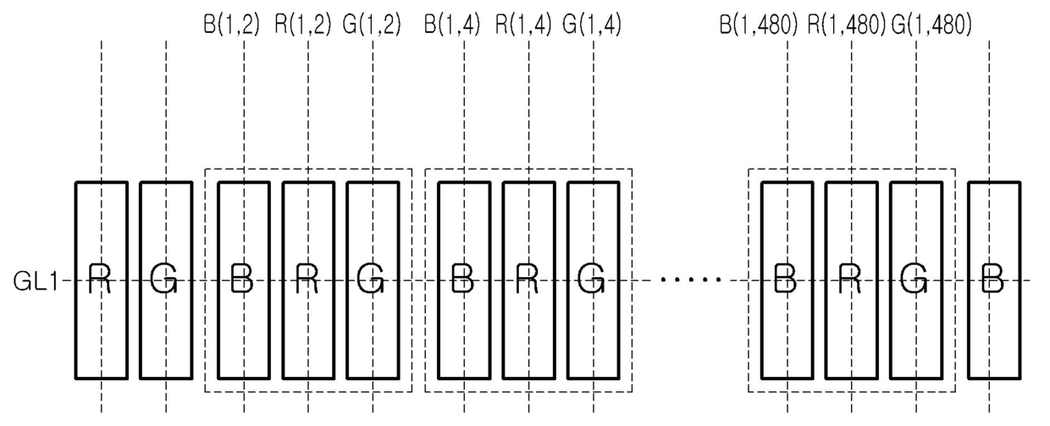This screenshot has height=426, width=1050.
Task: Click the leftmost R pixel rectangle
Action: coord(101,280)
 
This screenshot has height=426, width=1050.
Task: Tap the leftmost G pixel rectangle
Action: coord(165,280)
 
